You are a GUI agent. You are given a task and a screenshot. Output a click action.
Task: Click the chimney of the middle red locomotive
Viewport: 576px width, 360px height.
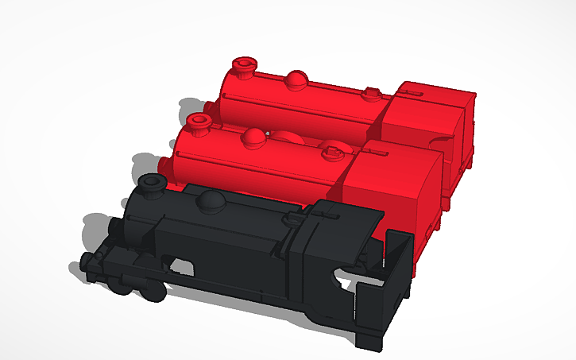click(198, 123)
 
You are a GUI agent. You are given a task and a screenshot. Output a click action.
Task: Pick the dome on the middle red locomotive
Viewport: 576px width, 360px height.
click(255, 137)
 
